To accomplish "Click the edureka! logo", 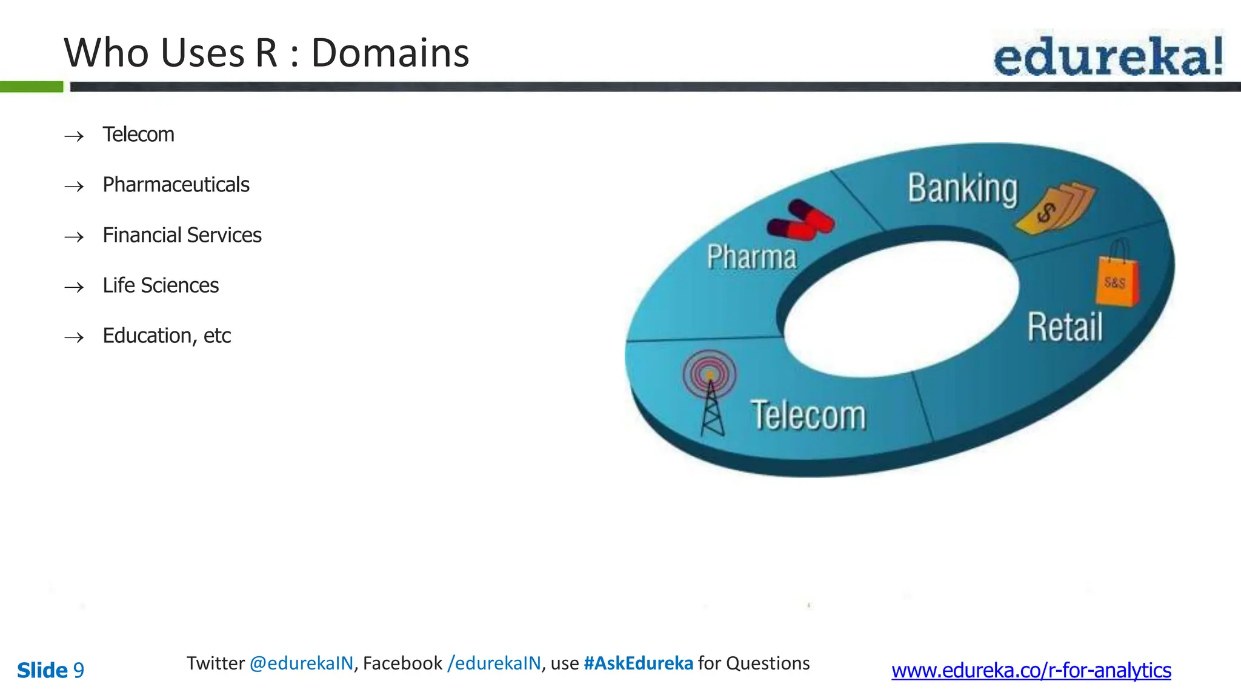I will point(1108,56).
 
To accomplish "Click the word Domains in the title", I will point(390,53).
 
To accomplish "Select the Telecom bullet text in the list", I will point(138,135).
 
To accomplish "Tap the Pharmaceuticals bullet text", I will point(176,185).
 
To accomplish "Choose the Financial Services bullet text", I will point(182,235).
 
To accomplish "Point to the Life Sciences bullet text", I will point(161,285).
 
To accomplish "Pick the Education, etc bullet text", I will point(167,336).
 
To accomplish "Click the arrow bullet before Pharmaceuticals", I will point(74,187).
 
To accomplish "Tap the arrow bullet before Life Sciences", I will point(74,287).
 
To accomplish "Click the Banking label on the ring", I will point(962,189).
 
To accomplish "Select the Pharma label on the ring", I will point(751,257).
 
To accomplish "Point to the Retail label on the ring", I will point(1065,328).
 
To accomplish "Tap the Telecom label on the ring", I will point(808,416).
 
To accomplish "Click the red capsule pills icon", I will point(800,220).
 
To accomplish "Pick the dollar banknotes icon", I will point(1056,208).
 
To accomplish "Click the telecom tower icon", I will point(710,391).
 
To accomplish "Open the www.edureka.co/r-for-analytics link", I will point(1031,671).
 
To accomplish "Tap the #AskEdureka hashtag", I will point(638,663).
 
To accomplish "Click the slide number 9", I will point(79,671).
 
